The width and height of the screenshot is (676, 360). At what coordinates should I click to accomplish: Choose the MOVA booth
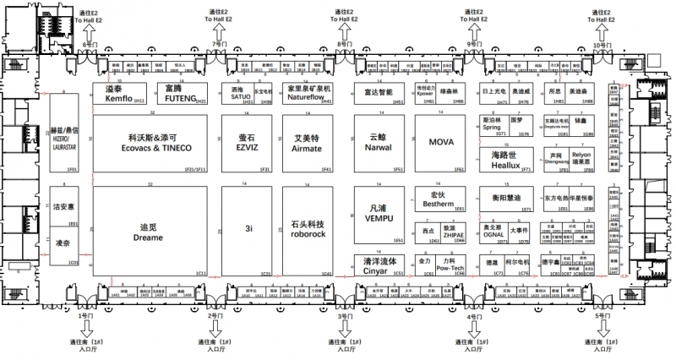(x=442, y=143)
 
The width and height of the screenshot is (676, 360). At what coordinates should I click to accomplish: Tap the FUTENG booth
(x=186, y=94)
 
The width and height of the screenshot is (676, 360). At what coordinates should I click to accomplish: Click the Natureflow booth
(x=308, y=94)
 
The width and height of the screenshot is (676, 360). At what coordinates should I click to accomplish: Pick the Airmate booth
(x=308, y=143)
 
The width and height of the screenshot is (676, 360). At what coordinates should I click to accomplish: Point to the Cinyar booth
(x=383, y=265)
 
